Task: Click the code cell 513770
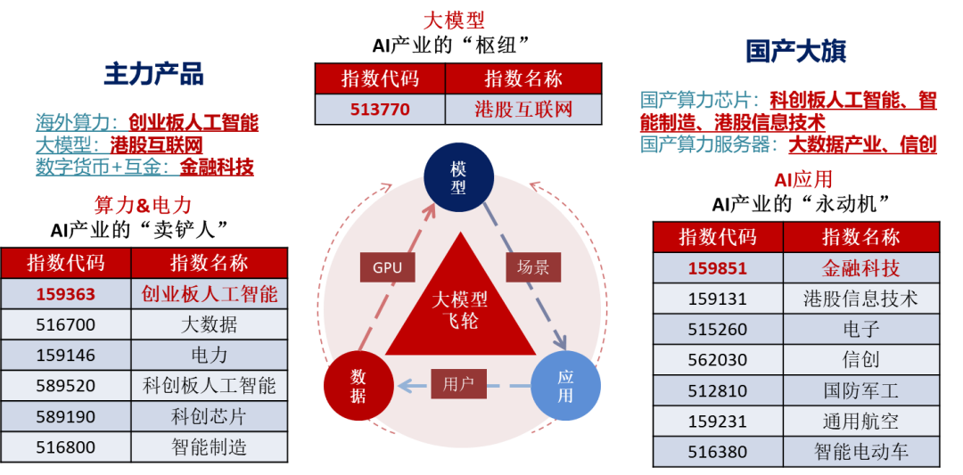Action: (x=380, y=110)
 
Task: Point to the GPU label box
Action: (x=387, y=267)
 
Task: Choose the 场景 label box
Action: (x=532, y=267)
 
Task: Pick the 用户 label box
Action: (x=458, y=384)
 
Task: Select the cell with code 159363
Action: (x=66, y=294)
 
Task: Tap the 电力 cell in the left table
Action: (x=210, y=356)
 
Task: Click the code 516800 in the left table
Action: (x=66, y=447)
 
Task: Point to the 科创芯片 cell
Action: (x=210, y=417)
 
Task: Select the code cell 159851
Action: (x=717, y=268)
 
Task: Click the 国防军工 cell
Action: (x=861, y=391)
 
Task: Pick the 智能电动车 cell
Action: (x=861, y=453)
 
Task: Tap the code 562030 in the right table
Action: (x=717, y=360)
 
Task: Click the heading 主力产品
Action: (x=154, y=74)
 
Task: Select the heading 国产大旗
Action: (x=796, y=52)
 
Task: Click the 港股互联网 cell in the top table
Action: (x=523, y=110)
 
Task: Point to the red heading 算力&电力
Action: (x=143, y=204)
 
